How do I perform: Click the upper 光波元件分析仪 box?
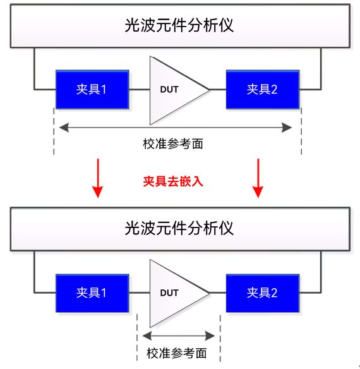coord(179,25)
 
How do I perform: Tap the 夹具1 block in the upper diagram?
coord(92,89)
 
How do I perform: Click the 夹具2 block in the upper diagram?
coord(261,89)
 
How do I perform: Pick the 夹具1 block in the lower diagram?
coord(92,293)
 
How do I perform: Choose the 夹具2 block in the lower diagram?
coord(261,293)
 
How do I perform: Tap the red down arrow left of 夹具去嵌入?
coord(97,178)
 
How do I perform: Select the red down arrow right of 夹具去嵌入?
coord(258,178)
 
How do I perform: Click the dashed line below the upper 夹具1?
coord(54,133)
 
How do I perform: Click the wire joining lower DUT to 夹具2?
coord(218,293)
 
